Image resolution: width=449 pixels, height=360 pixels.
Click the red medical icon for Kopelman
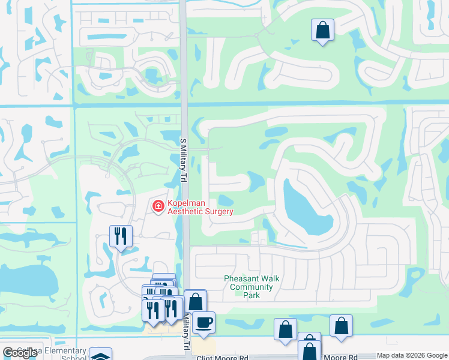click(158, 206)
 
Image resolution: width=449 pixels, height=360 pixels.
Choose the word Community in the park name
click(251, 287)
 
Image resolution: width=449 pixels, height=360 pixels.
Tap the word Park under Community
click(251, 295)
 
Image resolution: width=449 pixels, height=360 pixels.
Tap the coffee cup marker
click(203, 322)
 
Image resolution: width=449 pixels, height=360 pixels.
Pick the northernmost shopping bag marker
click(322, 29)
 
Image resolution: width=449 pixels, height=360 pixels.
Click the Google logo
click(20, 353)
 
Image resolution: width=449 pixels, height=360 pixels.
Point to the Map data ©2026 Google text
click(412, 356)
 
